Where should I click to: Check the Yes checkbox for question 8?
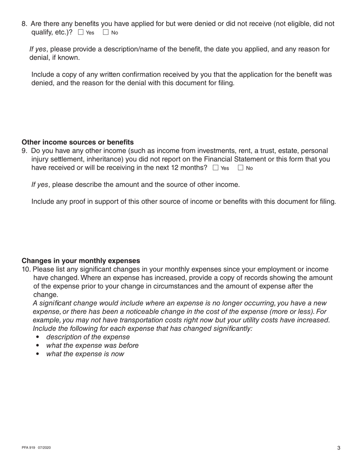[81, 33]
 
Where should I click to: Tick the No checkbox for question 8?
[106, 33]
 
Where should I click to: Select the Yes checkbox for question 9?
[216, 168]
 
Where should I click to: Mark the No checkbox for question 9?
[241, 168]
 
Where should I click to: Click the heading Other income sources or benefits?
[78, 142]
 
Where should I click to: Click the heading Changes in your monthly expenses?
[81, 261]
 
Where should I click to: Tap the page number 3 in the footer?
[339, 448]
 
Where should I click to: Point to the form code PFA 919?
[28, 448]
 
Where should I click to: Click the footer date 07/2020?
[44, 448]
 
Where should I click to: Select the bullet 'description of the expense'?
[88, 337]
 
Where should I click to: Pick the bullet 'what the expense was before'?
[92, 346]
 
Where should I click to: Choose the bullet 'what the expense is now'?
[85, 354]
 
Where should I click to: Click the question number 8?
[24, 24]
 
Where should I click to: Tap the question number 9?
[24, 151]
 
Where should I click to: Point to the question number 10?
[26, 269]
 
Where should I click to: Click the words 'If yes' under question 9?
[40, 185]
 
